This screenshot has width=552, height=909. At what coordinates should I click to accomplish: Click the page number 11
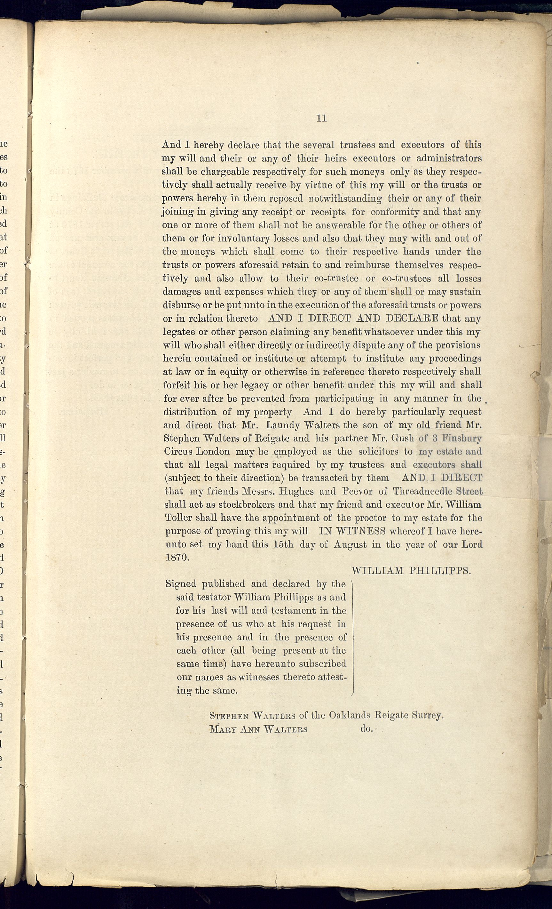click(x=321, y=118)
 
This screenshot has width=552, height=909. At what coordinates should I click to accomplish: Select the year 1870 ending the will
click(x=177, y=558)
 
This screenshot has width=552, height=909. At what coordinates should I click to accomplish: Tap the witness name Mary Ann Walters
click(x=258, y=729)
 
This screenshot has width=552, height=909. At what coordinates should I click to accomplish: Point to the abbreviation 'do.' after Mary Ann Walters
click(x=367, y=729)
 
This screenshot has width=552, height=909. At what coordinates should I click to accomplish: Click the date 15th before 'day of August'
click(x=283, y=544)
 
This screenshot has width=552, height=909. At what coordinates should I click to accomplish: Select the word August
click(x=350, y=544)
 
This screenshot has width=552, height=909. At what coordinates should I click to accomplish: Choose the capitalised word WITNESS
click(x=352, y=531)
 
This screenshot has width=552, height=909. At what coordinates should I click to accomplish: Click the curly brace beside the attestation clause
click(x=352, y=637)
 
